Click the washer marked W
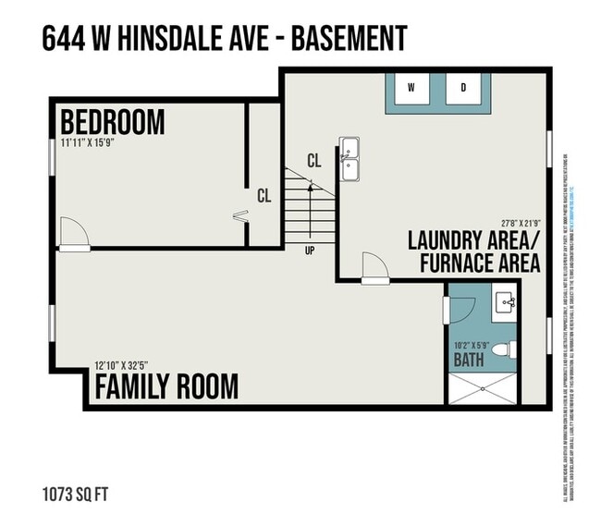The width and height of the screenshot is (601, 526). point(412,90)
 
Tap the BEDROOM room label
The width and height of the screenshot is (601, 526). point(112,122)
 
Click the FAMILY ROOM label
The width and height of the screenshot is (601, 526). point(166,385)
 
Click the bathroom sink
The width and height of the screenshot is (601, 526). point(505,301)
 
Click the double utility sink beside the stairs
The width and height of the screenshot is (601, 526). point(350,159)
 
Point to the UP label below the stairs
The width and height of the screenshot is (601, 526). point(309,250)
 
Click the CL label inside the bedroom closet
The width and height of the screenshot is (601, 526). point(264,196)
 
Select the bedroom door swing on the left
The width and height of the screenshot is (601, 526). point(74,233)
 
